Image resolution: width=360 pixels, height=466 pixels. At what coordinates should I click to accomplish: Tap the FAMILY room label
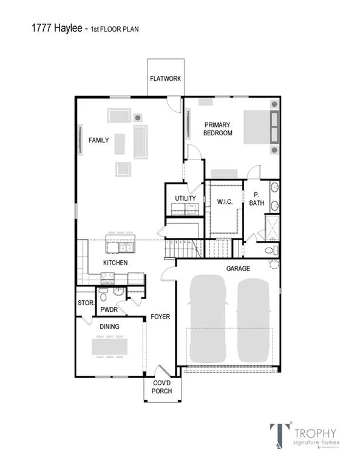99,140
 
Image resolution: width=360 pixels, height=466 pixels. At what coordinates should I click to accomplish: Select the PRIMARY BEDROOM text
217,129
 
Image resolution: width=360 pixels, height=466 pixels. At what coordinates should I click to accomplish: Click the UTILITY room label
185,198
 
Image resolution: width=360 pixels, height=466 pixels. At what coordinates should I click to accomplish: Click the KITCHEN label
115,263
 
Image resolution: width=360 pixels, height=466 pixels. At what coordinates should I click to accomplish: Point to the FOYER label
160,317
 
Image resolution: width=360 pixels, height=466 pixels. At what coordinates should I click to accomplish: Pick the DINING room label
109,326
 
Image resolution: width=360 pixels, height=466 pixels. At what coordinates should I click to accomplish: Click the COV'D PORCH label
162,387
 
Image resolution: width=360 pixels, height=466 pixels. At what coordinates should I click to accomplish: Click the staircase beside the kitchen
182,248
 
